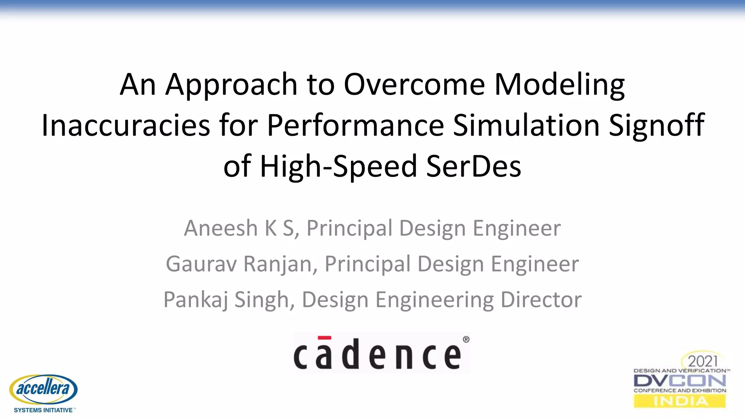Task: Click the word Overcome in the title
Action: click(414, 84)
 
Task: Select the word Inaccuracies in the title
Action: click(126, 125)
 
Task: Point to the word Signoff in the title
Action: click(657, 125)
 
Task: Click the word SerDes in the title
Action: click(473, 166)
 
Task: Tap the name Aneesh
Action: click(221, 228)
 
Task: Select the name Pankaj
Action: click(196, 300)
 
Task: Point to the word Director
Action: click(541, 300)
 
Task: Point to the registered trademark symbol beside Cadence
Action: click(466, 339)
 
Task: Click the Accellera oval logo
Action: click(43, 389)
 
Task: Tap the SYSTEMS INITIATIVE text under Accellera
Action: click(43, 410)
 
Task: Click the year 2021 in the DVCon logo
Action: click(703, 361)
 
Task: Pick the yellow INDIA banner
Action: click(680, 401)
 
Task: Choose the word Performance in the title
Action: click(355, 125)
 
